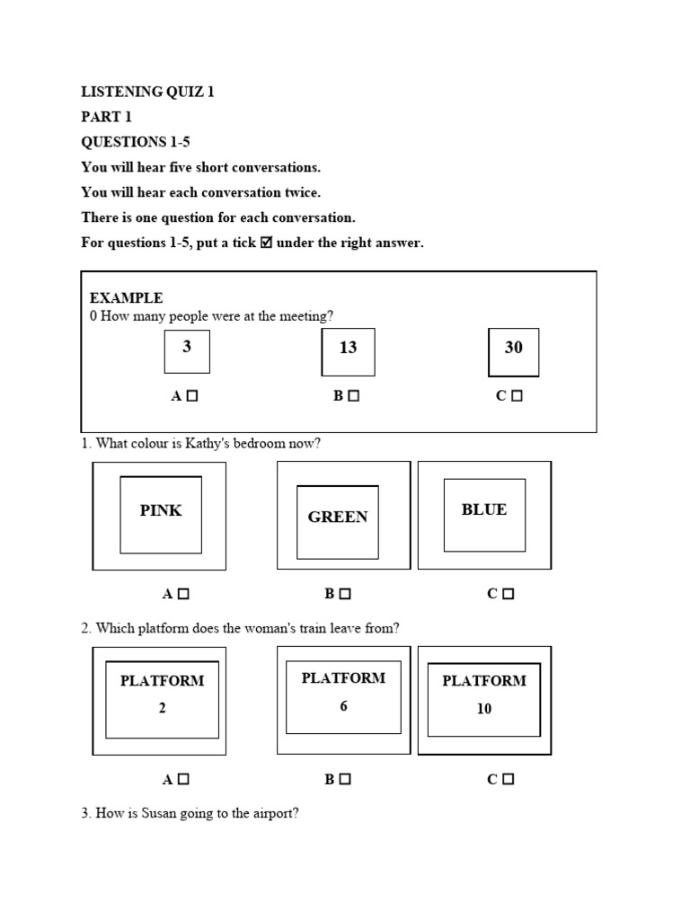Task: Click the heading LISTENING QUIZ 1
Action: pos(147,92)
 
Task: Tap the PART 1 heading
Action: pos(106,117)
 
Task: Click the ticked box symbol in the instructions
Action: pos(266,243)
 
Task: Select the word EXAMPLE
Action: pos(126,298)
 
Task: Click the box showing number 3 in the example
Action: pos(187,351)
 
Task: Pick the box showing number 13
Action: pos(348,352)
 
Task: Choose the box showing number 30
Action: pos(513,352)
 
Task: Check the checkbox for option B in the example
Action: pos(353,396)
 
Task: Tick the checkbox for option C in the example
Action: pos(517,396)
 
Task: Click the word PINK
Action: pos(161,510)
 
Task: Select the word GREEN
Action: pos(338,517)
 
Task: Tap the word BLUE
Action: pos(484,509)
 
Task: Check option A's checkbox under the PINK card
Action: pos(183,594)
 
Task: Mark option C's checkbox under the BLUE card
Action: pos(509,594)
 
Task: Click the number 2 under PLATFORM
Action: pos(162,708)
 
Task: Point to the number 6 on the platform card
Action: pos(344,706)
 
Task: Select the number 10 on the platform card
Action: pos(484,709)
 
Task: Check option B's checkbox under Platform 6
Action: pos(345,779)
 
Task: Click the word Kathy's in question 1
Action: pos(208,444)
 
